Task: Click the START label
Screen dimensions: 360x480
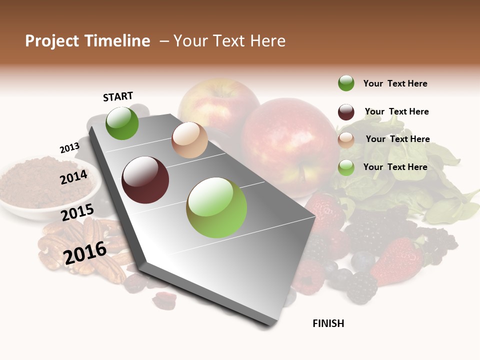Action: point(118,96)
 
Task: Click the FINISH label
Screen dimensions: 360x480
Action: point(328,323)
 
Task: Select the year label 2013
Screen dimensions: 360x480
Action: point(69,148)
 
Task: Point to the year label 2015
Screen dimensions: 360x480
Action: point(77,212)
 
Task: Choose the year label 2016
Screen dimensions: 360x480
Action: point(85,252)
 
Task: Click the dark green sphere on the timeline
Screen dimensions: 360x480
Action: point(122,123)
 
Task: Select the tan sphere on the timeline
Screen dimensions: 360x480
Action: point(189,140)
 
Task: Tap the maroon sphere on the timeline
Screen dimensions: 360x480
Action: point(145,180)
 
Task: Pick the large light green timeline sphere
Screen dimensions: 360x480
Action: point(216,207)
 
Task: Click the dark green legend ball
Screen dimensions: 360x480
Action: point(346,83)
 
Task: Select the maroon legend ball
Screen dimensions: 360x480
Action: point(346,112)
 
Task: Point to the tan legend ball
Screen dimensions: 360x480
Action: point(346,140)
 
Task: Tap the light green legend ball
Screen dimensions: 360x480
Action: point(346,167)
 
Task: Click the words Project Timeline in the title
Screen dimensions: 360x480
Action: point(87,41)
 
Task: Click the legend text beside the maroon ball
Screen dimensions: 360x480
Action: point(396,111)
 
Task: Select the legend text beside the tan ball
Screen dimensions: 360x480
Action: point(397,139)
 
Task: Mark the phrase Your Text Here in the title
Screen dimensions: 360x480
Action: point(229,41)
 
